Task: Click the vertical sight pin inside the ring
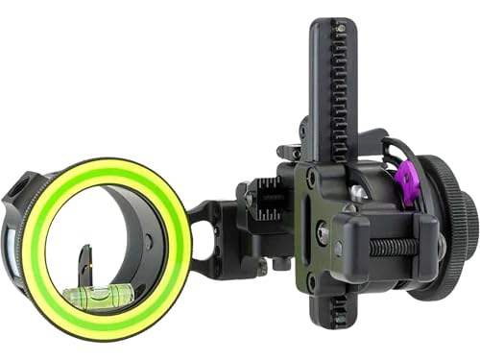pyautogui.click(x=84, y=259)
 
